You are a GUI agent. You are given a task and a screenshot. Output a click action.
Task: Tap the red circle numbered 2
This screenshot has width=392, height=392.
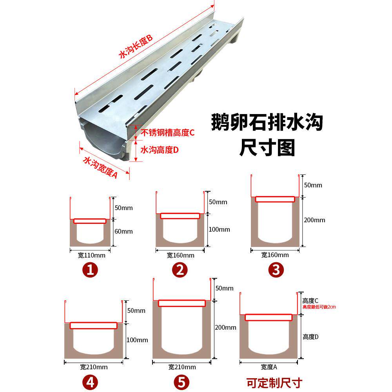tap(181, 269)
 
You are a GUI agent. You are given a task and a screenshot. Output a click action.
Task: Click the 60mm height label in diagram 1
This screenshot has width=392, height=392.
tap(124, 231)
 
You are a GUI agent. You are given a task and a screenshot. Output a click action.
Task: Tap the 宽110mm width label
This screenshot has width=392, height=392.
tap(92, 255)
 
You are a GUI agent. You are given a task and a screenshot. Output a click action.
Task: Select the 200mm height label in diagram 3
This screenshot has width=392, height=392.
tap(314, 220)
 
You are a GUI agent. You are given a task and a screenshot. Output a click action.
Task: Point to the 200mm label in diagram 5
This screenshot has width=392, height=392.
tap(226, 327)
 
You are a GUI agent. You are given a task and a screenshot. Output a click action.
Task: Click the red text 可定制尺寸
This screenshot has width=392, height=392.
tap(274, 382)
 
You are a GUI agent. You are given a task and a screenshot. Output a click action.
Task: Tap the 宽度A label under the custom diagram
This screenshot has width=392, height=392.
tap(269, 367)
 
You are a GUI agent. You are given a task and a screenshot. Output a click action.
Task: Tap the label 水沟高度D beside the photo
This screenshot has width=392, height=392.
tap(160, 150)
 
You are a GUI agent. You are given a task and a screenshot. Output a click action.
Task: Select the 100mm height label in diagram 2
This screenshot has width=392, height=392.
tap(219, 229)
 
